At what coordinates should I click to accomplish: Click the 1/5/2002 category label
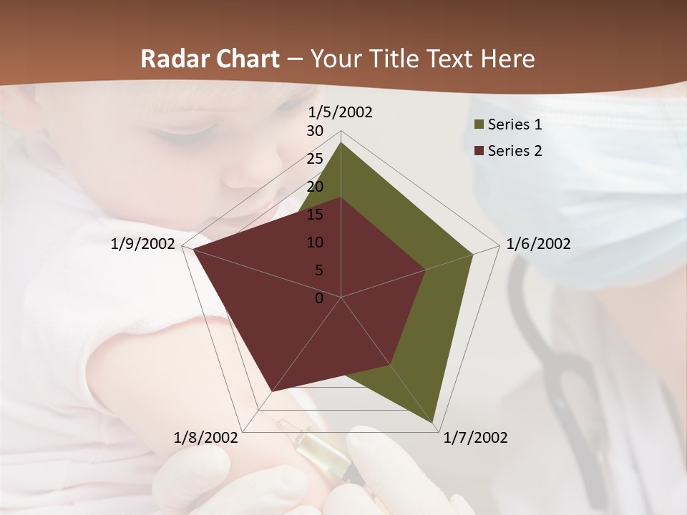click(x=340, y=112)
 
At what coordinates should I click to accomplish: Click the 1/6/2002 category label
click(x=538, y=244)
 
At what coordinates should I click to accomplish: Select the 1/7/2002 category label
click(x=475, y=438)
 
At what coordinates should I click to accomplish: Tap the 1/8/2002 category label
click(x=206, y=438)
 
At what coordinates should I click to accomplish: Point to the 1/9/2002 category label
click(x=143, y=244)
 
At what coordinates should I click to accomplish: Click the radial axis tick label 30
click(x=315, y=131)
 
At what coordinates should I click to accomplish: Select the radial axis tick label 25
click(x=315, y=159)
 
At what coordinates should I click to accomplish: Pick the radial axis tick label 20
click(x=315, y=187)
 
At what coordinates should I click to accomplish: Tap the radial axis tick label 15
click(x=315, y=215)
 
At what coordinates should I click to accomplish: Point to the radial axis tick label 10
click(x=315, y=242)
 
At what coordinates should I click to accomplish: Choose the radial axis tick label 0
click(x=319, y=298)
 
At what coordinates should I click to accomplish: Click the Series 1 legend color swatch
click(x=479, y=125)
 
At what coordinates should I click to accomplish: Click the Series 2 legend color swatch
click(x=479, y=151)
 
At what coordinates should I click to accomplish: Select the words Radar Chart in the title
click(x=210, y=59)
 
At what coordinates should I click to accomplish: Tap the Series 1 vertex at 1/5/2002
click(x=341, y=142)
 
